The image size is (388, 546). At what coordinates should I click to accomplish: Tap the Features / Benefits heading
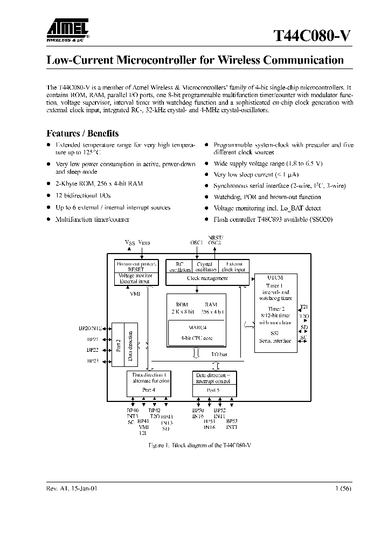(x=82, y=133)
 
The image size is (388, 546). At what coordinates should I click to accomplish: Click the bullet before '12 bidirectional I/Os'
(x=48, y=195)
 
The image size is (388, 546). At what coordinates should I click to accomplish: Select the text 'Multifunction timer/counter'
(x=90, y=220)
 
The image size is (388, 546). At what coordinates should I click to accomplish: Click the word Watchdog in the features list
(x=228, y=197)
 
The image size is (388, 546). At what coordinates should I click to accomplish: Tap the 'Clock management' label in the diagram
(x=207, y=278)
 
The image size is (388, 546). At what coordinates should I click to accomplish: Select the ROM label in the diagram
(x=182, y=305)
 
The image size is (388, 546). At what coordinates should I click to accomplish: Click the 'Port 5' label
(x=213, y=389)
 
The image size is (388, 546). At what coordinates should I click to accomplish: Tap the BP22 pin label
(x=93, y=350)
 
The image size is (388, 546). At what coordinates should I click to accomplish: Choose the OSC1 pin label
(x=196, y=242)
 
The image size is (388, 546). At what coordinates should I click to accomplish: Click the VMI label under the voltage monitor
(x=135, y=294)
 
